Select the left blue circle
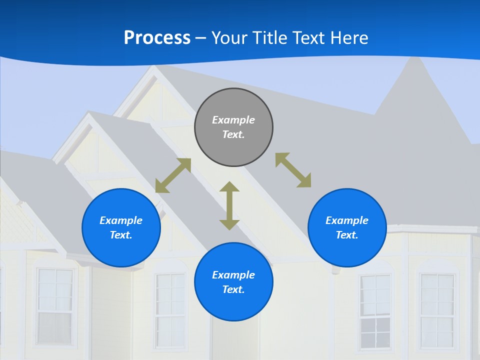coord(121,228)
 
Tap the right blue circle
coord(347,228)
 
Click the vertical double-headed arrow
coord(229,205)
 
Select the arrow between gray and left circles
coord(173,175)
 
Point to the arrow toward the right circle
coord(293,170)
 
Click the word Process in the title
coord(157,37)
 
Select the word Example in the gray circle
coord(233,120)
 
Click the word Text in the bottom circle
coord(233,289)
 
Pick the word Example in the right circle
coord(347,220)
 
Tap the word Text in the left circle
coord(121,235)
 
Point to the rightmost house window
coord(437,310)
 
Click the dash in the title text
coord(200,38)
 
